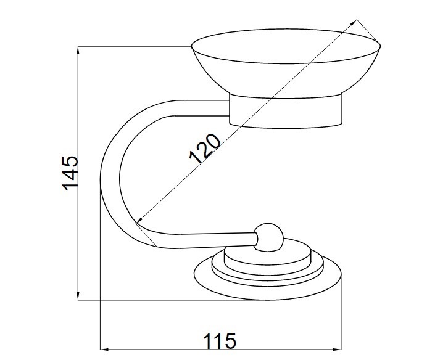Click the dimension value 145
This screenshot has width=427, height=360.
70,173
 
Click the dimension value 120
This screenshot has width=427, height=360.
205,149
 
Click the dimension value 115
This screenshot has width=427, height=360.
220,341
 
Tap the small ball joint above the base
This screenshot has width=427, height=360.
268,237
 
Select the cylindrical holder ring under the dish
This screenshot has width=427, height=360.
286,111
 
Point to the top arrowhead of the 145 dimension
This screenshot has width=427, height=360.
78,51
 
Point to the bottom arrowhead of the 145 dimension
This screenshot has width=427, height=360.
78,296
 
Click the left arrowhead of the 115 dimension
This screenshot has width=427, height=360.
104,350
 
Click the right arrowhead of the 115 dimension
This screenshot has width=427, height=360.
337,350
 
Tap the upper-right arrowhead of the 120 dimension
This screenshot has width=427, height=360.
354,23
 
